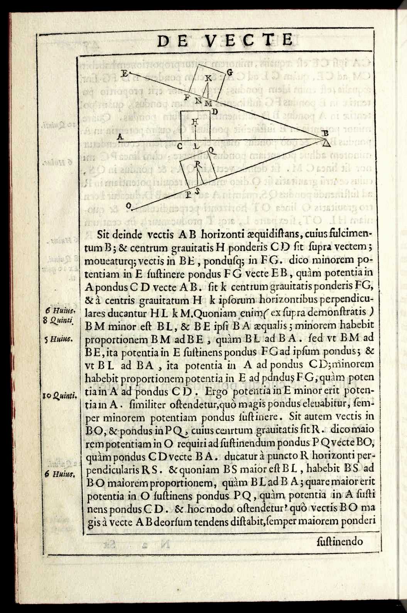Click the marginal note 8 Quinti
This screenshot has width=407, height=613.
click(x=60, y=319)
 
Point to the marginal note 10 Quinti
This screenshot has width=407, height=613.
click(x=60, y=395)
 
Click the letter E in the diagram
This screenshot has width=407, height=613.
click(x=123, y=72)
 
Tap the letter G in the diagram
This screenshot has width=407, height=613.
click(x=229, y=72)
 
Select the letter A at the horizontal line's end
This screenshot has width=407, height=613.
click(x=120, y=136)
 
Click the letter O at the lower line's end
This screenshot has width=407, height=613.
click(x=128, y=207)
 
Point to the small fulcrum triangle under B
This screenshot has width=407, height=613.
click(x=326, y=144)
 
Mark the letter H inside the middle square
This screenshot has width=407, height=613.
click(x=195, y=122)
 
